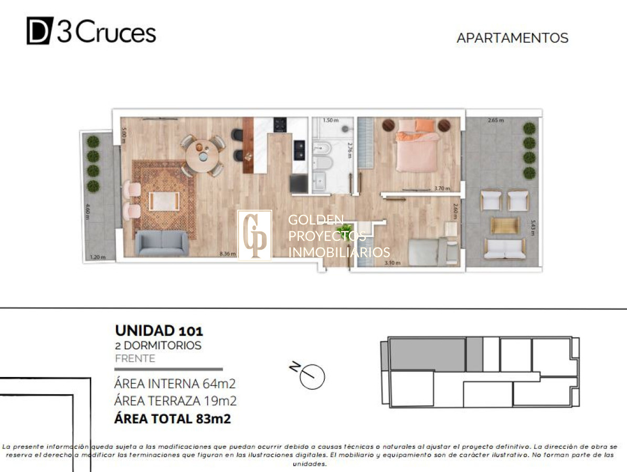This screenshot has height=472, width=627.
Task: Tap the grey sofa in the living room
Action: click(x=161, y=242)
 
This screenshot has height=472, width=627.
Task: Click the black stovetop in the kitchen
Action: click(x=280, y=125)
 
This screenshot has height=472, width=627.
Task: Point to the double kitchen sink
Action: click(x=300, y=149)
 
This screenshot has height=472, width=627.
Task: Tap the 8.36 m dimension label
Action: click(x=227, y=254)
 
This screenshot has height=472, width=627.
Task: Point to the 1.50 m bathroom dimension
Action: click(x=329, y=120)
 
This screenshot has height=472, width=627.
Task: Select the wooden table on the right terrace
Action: click(x=505, y=226)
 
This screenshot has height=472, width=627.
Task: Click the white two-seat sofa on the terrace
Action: click(x=504, y=249)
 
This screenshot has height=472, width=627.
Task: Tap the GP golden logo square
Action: click(x=255, y=235)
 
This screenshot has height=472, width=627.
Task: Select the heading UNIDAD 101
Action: click(x=158, y=330)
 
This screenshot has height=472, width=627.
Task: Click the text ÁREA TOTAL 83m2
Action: click(x=173, y=419)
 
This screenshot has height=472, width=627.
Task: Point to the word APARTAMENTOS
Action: click(x=512, y=38)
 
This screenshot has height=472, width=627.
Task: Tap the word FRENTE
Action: click(x=135, y=359)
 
